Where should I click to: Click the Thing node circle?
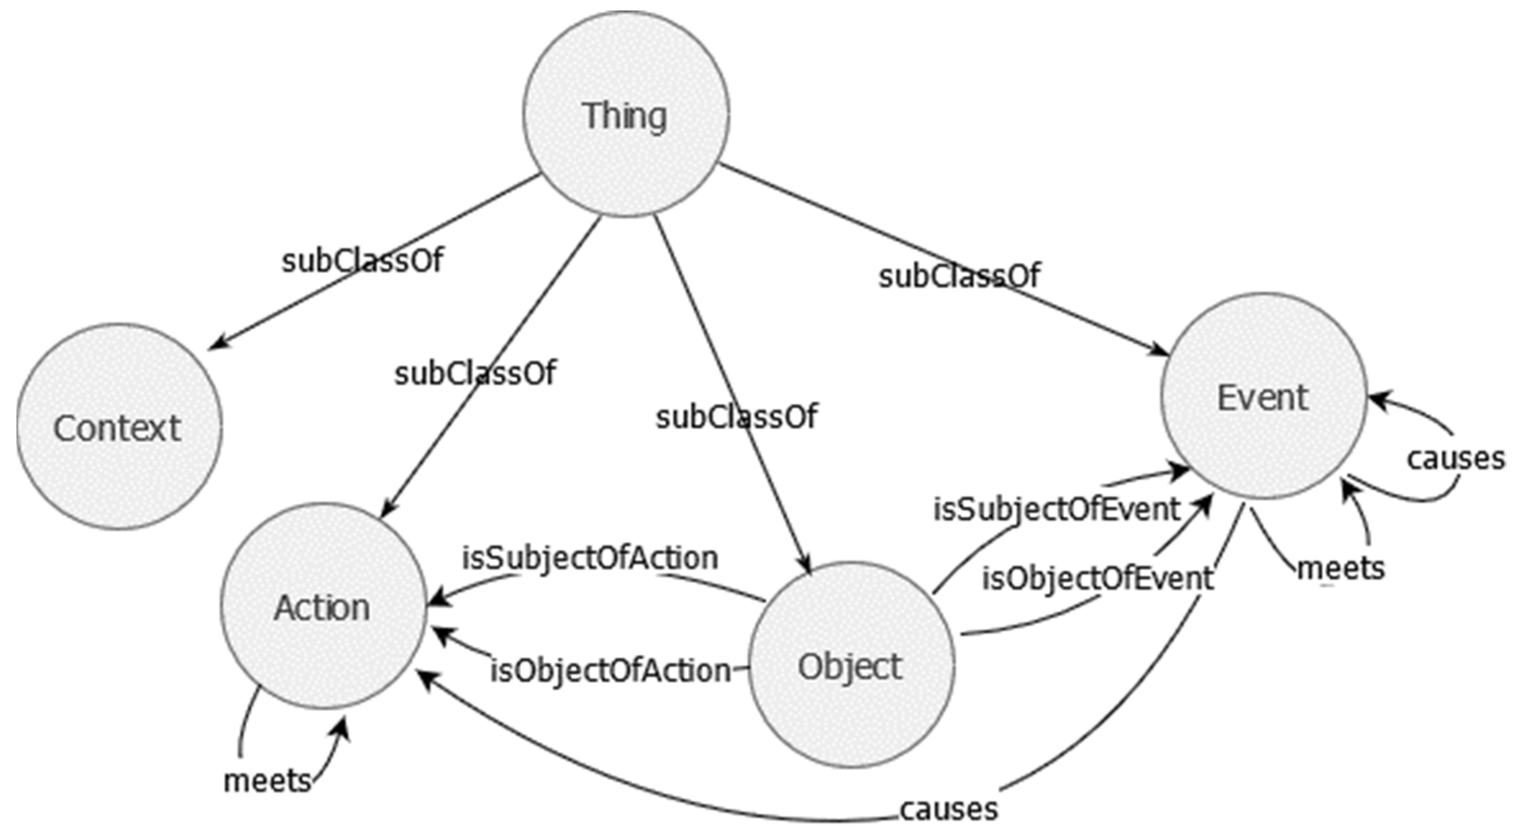625,115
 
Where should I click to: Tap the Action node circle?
323,607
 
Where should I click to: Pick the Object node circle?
850,666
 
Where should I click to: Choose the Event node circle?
1263,397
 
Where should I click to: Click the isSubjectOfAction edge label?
590,558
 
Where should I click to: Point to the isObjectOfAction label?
611,671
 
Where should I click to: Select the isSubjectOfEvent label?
1056,509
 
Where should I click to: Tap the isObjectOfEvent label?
1098,579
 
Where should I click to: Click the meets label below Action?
267,781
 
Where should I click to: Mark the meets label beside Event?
1340,568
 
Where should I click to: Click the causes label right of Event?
1456,458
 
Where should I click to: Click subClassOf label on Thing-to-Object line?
737,417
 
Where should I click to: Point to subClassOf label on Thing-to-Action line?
475,373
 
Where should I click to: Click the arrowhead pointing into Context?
216,344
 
